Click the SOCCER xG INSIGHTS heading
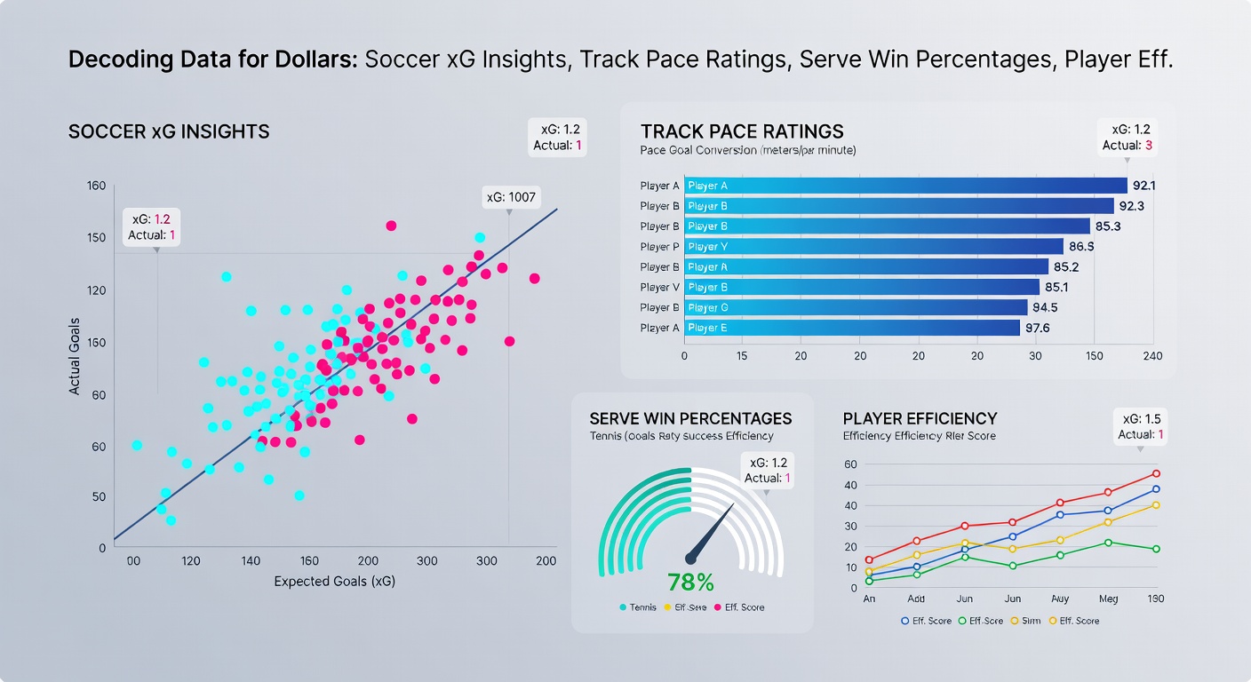click(169, 132)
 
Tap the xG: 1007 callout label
click(511, 197)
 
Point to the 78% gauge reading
click(690, 583)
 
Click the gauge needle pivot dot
click(690, 558)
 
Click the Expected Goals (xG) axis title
click(335, 582)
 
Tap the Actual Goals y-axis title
click(76, 356)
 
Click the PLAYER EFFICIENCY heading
click(920, 418)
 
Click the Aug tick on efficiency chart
click(1059, 599)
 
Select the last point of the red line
click(1156, 473)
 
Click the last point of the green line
click(1156, 549)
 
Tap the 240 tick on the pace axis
click(1152, 355)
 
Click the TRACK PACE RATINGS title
click(742, 132)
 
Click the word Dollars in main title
click(317, 60)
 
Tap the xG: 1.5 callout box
click(1141, 426)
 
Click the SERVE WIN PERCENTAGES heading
click(690, 418)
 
